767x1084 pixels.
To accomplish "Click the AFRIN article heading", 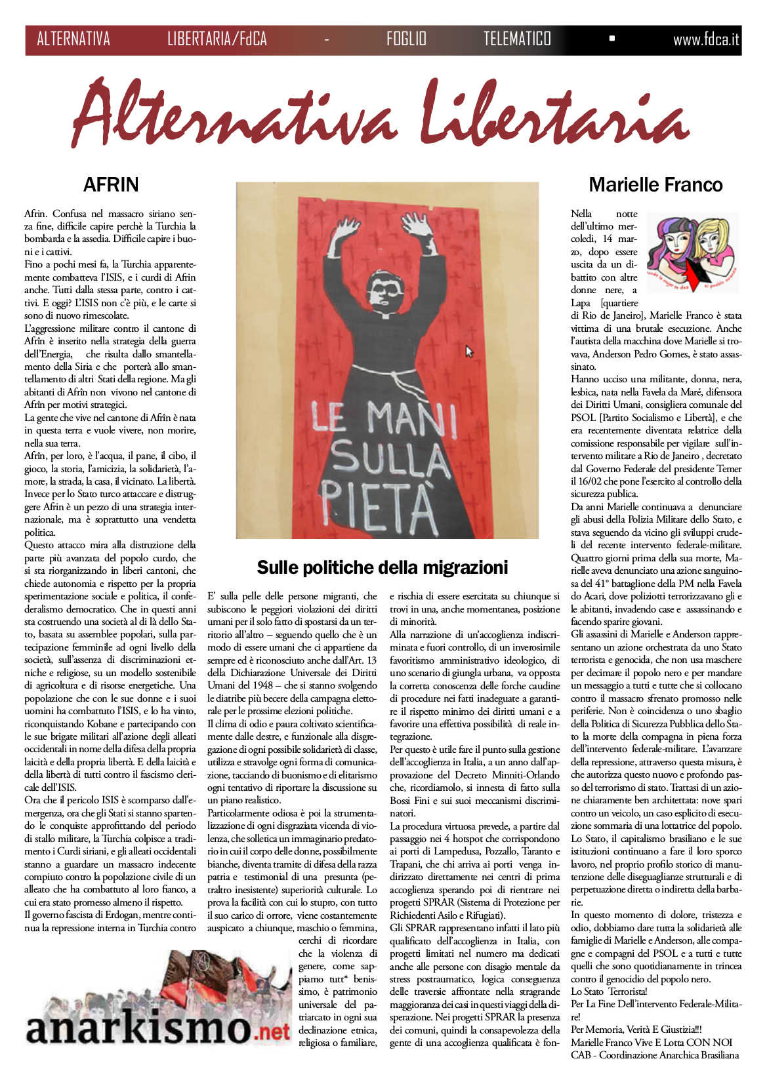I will pyautogui.click(x=111, y=185).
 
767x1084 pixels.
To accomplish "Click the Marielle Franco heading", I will pyautogui.click(x=655, y=185).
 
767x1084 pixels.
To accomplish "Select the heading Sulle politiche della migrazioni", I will pyautogui.click(x=383, y=567).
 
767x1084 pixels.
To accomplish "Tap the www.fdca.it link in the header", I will pyautogui.click(x=705, y=39).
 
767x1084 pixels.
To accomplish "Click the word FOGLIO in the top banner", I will pyautogui.click(x=406, y=39).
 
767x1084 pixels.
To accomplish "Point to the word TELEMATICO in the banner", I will pyautogui.click(x=517, y=39).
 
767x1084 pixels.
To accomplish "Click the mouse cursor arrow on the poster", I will pyautogui.click(x=468, y=351).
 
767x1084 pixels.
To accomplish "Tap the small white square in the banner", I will pyautogui.click(x=612, y=39).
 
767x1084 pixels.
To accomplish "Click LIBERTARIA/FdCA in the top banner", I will pyautogui.click(x=217, y=39).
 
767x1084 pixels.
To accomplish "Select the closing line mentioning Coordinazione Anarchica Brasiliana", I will pyautogui.click(x=654, y=1055).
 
